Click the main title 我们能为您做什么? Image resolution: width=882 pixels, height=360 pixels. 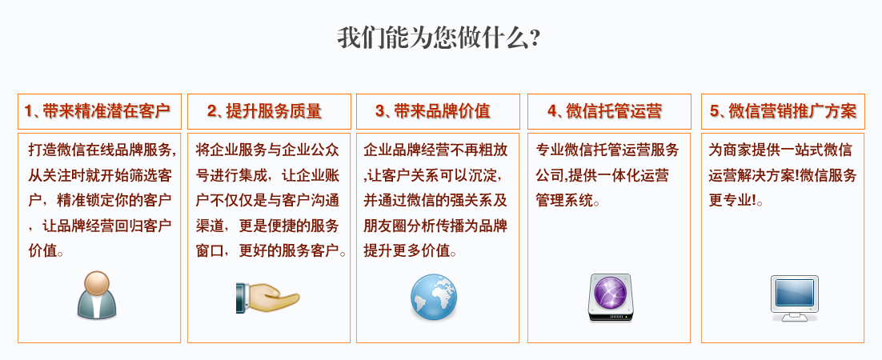click(x=439, y=38)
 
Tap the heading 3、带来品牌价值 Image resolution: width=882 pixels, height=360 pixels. click(x=433, y=111)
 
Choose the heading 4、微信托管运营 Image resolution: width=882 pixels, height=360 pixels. click(x=604, y=111)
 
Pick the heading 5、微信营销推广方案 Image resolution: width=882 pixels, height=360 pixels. click(x=783, y=111)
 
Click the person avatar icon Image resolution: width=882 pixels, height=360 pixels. click(x=97, y=294)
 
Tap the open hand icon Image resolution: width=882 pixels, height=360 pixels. click(x=267, y=297)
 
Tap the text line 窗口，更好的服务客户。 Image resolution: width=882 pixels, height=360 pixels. click(x=271, y=251)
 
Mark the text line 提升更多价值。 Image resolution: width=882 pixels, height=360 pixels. click(x=411, y=251)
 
